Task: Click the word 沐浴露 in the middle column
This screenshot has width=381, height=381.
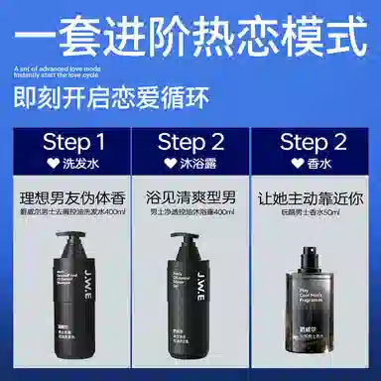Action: pos(197,160)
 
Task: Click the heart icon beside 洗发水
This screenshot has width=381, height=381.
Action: pos(50,160)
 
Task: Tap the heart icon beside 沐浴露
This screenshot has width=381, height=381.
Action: pos(172,160)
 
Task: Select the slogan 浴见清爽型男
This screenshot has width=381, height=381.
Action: pos(190,196)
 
